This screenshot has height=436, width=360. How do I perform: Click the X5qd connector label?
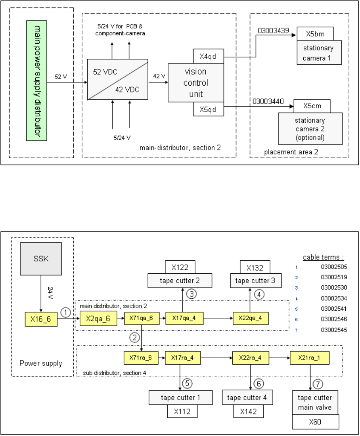tap(208, 109)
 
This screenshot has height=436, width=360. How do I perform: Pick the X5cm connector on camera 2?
tap(312, 106)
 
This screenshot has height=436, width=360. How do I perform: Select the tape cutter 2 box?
tap(180, 281)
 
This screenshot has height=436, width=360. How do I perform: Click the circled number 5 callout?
tap(188, 384)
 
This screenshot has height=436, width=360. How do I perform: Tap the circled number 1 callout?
tap(66, 313)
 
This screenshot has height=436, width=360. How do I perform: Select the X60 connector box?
tap(315, 422)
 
